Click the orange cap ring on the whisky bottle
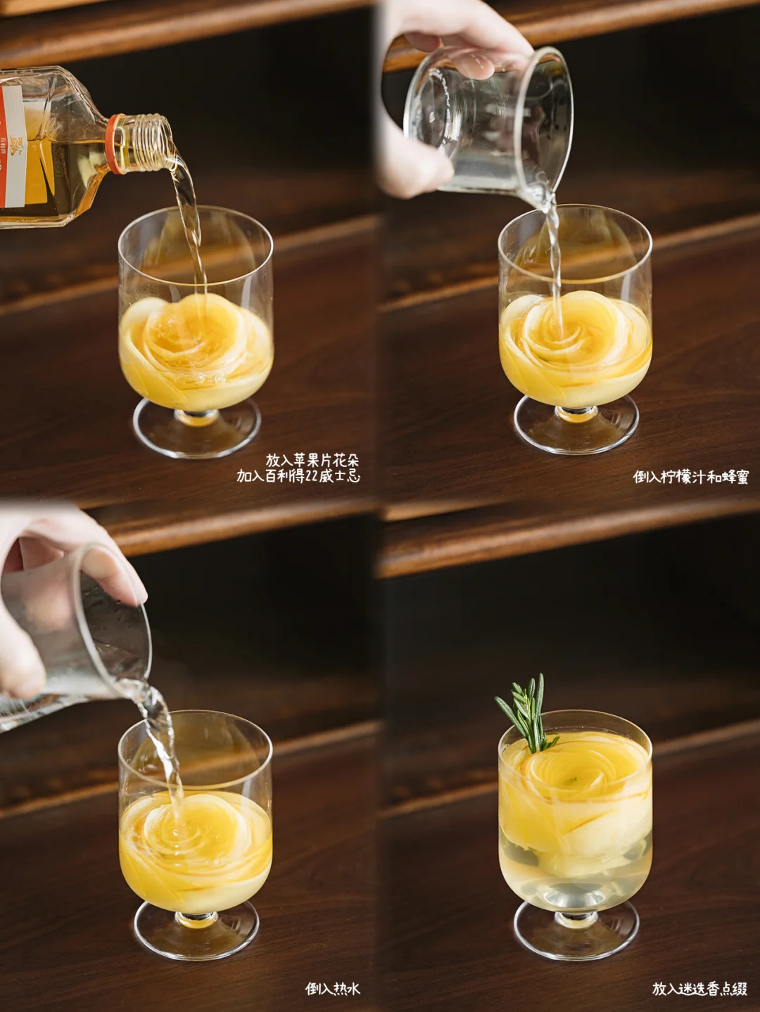115,144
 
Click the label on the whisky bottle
13,146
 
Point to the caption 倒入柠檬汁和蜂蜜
690,477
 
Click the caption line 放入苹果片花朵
312,460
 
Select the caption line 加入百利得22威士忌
298,476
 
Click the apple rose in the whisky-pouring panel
196,346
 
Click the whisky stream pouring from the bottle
190,222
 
